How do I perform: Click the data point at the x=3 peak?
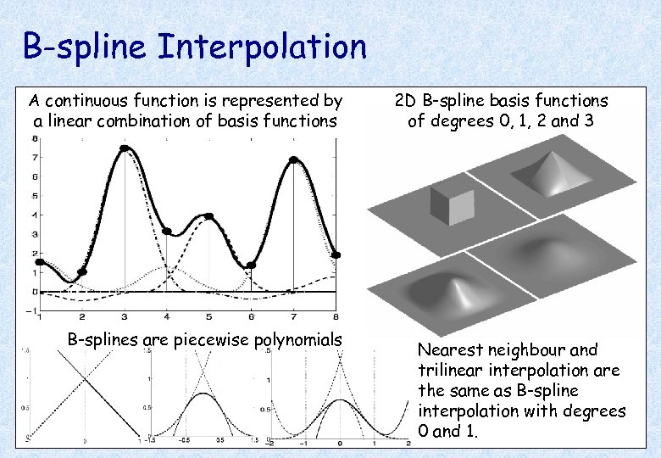click(125, 148)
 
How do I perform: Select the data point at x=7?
click(293, 159)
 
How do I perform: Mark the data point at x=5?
click(209, 216)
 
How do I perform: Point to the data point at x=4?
click(167, 231)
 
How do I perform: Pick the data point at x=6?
click(251, 265)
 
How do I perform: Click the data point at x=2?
click(82, 272)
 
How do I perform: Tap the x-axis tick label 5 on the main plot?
click(208, 316)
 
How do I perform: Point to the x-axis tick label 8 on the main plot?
click(336, 316)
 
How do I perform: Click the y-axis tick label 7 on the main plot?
click(33, 158)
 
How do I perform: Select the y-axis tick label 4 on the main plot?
click(33, 215)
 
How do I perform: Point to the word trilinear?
click(451, 371)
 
